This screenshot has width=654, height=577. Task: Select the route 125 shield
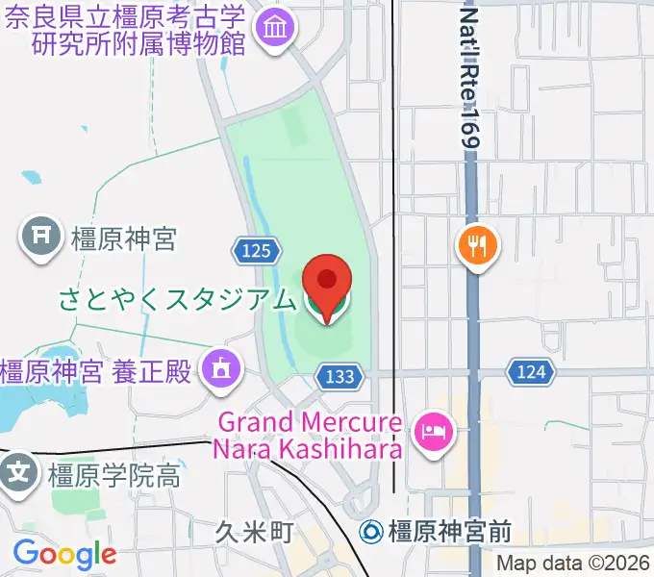tap(256, 251)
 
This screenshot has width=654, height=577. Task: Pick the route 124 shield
tap(529, 371)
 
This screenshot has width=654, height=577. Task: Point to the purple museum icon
tap(276, 32)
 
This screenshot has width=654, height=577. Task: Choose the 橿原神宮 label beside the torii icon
tap(123, 238)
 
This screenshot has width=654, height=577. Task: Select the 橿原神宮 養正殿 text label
tap(96, 370)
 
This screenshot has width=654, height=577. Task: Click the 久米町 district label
tap(253, 532)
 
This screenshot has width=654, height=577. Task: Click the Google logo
tap(64, 554)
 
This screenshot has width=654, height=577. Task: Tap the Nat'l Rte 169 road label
tap(468, 77)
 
